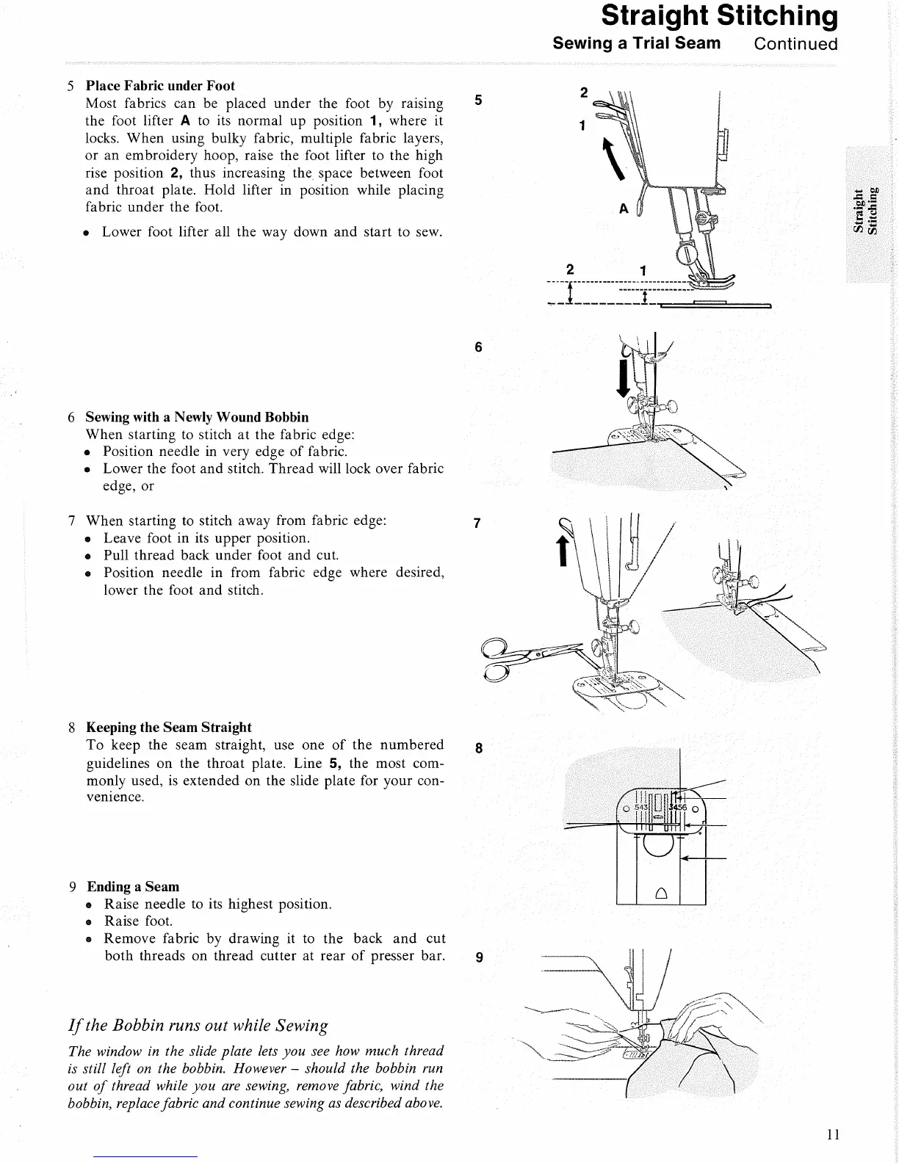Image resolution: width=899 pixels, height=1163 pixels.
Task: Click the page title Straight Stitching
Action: [719, 16]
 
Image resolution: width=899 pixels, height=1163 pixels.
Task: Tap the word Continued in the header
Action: [795, 43]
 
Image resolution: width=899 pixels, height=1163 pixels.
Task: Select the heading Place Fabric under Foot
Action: [160, 86]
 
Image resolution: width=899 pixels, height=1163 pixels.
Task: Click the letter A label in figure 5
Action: [623, 209]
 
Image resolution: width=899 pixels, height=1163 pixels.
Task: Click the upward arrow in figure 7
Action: [563, 549]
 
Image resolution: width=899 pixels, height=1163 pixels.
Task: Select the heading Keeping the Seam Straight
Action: [168, 728]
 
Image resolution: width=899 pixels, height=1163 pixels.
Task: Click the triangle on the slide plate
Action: [660, 894]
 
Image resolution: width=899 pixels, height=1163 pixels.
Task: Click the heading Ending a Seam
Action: [133, 887]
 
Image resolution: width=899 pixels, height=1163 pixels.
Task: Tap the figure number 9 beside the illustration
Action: [479, 957]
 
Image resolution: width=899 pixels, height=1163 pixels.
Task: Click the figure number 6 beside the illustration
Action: [479, 347]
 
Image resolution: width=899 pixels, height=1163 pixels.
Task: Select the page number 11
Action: [832, 1134]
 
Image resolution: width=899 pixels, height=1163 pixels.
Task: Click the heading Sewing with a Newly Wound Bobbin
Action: [197, 418]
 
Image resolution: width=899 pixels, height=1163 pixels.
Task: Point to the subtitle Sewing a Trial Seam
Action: [637, 43]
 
